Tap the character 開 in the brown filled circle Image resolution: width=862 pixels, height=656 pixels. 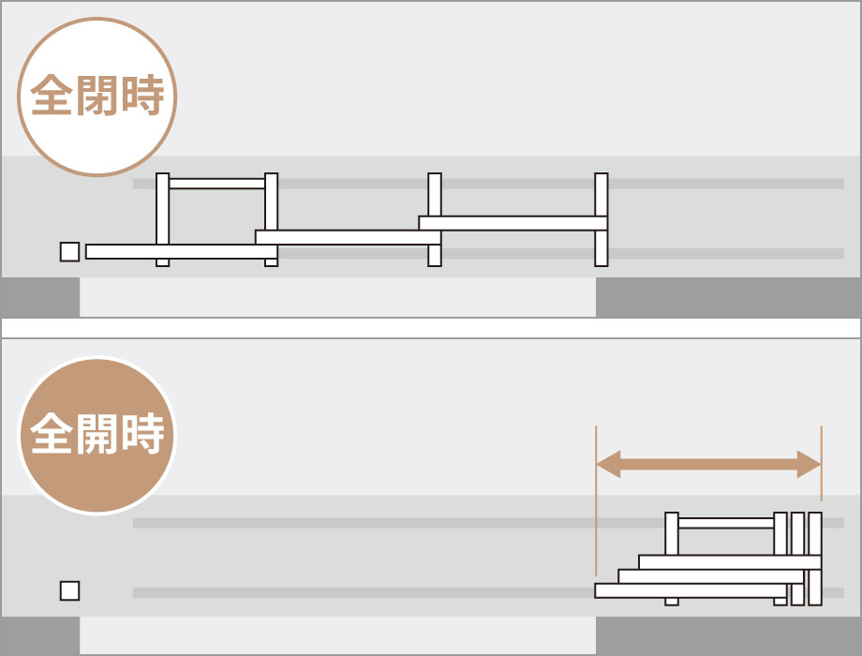pyautogui.click(x=97, y=435)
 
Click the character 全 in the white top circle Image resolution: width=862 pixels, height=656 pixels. pyautogui.click(x=52, y=96)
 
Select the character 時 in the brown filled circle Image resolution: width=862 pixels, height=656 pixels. pyautogui.click(x=143, y=435)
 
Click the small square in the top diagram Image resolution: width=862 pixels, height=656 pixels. pyautogui.click(x=70, y=252)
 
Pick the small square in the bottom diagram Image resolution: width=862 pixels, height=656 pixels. pyautogui.click(x=70, y=591)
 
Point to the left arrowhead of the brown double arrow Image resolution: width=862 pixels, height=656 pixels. pyautogui.click(x=609, y=464)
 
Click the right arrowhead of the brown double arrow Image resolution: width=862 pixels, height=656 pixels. pyautogui.click(x=809, y=464)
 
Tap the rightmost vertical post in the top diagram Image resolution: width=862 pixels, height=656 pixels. pyautogui.click(x=602, y=220)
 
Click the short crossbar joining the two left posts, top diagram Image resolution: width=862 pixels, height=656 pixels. pyautogui.click(x=217, y=184)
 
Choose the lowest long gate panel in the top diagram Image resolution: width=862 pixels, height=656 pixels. pyautogui.click(x=182, y=252)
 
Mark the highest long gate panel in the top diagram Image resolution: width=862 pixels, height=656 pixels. pyautogui.click(x=513, y=223)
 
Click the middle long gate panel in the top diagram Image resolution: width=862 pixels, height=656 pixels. pyautogui.click(x=348, y=237)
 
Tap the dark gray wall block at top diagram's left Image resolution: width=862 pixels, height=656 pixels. pyautogui.click(x=40, y=297)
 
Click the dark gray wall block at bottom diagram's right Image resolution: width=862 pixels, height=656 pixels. pyautogui.click(x=728, y=635)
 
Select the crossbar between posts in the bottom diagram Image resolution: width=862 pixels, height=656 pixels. pyautogui.click(x=726, y=523)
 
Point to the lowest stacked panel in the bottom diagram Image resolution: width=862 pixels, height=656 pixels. pyautogui.click(x=691, y=591)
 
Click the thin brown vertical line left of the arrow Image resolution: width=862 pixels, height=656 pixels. pyautogui.click(x=596, y=500)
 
